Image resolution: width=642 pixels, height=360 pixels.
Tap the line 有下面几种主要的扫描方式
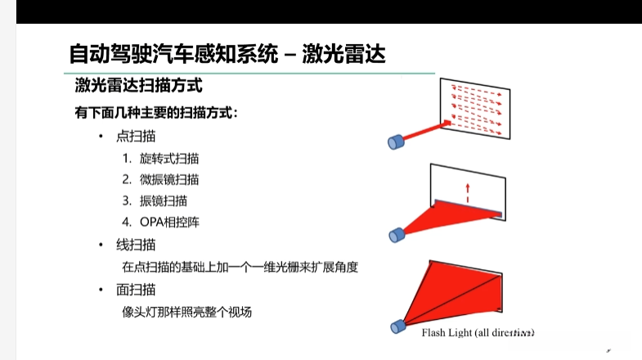(x=156, y=113)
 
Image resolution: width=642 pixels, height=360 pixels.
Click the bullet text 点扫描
(x=137, y=136)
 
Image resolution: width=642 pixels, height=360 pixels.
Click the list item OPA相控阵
(x=169, y=222)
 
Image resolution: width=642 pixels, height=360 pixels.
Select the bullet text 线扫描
(x=137, y=245)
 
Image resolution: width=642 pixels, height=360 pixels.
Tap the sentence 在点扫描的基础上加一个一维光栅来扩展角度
(x=240, y=267)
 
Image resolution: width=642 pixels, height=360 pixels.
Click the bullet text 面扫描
(x=137, y=289)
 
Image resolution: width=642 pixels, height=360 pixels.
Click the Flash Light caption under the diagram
(x=478, y=333)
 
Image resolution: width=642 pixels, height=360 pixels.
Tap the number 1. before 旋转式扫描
(x=127, y=158)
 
